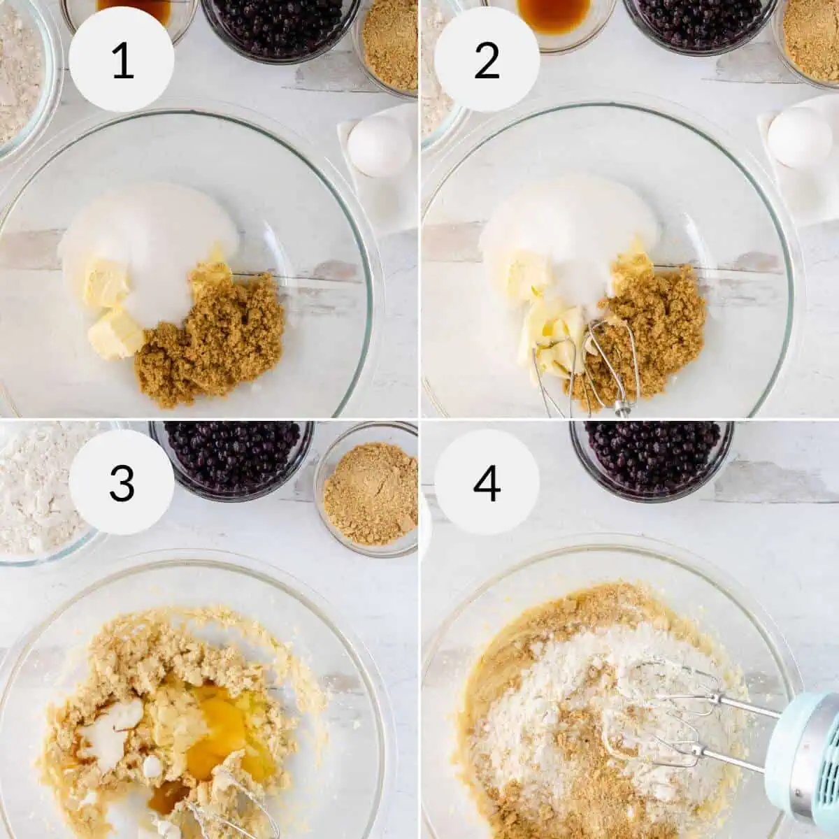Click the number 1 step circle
[122, 60]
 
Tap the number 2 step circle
[487, 60]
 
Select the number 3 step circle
[122, 482]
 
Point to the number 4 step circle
[487, 482]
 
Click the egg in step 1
[379, 146]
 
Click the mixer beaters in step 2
[587, 364]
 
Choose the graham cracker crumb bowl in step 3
[367, 489]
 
